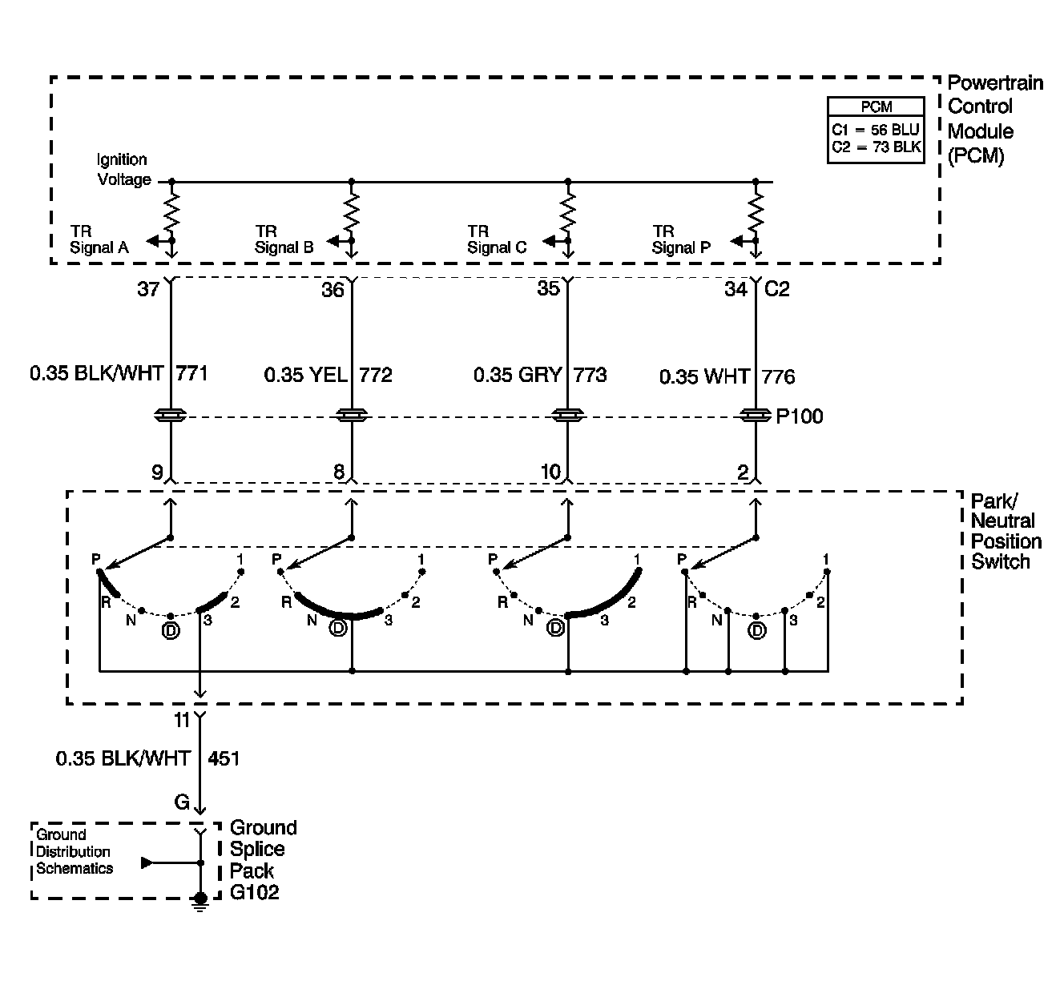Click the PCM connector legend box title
(876, 107)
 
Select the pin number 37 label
(148, 289)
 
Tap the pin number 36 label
(332, 290)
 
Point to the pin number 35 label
(549, 288)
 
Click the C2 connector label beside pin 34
(777, 289)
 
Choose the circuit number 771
(191, 373)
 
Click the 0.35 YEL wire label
(306, 375)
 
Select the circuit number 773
(590, 375)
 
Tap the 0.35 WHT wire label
(704, 377)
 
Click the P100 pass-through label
(800, 416)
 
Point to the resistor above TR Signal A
(171, 211)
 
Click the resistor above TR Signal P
(756, 211)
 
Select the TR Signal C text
(498, 239)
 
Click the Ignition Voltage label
(123, 169)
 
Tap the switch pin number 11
(182, 721)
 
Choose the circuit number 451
(224, 758)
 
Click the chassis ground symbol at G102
(199, 902)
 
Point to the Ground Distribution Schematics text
(74, 851)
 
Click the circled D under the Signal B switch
(338, 628)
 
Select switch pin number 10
(550, 472)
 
